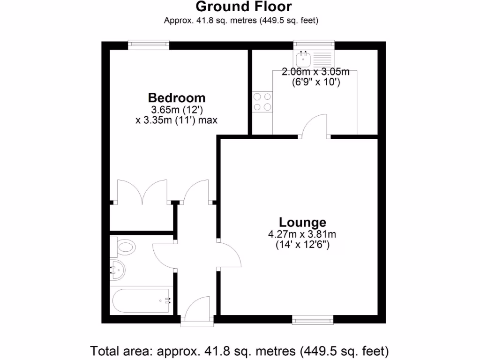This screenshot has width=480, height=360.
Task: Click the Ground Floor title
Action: tap(243, 7)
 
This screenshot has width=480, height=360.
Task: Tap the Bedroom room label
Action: tap(177, 98)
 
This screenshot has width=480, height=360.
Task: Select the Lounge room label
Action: tap(302, 222)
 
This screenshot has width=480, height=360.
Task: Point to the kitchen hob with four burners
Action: tap(262, 102)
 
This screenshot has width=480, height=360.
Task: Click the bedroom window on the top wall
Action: tap(149, 45)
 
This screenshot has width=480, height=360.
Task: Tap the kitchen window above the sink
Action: tap(314, 45)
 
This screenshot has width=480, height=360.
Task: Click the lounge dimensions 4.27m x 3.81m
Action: tap(302, 234)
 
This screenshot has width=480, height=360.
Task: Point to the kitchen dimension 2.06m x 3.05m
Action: tap(315, 72)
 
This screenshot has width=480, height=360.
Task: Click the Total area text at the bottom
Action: tap(240, 350)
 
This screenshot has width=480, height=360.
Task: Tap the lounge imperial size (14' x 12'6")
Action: tap(302, 245)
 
